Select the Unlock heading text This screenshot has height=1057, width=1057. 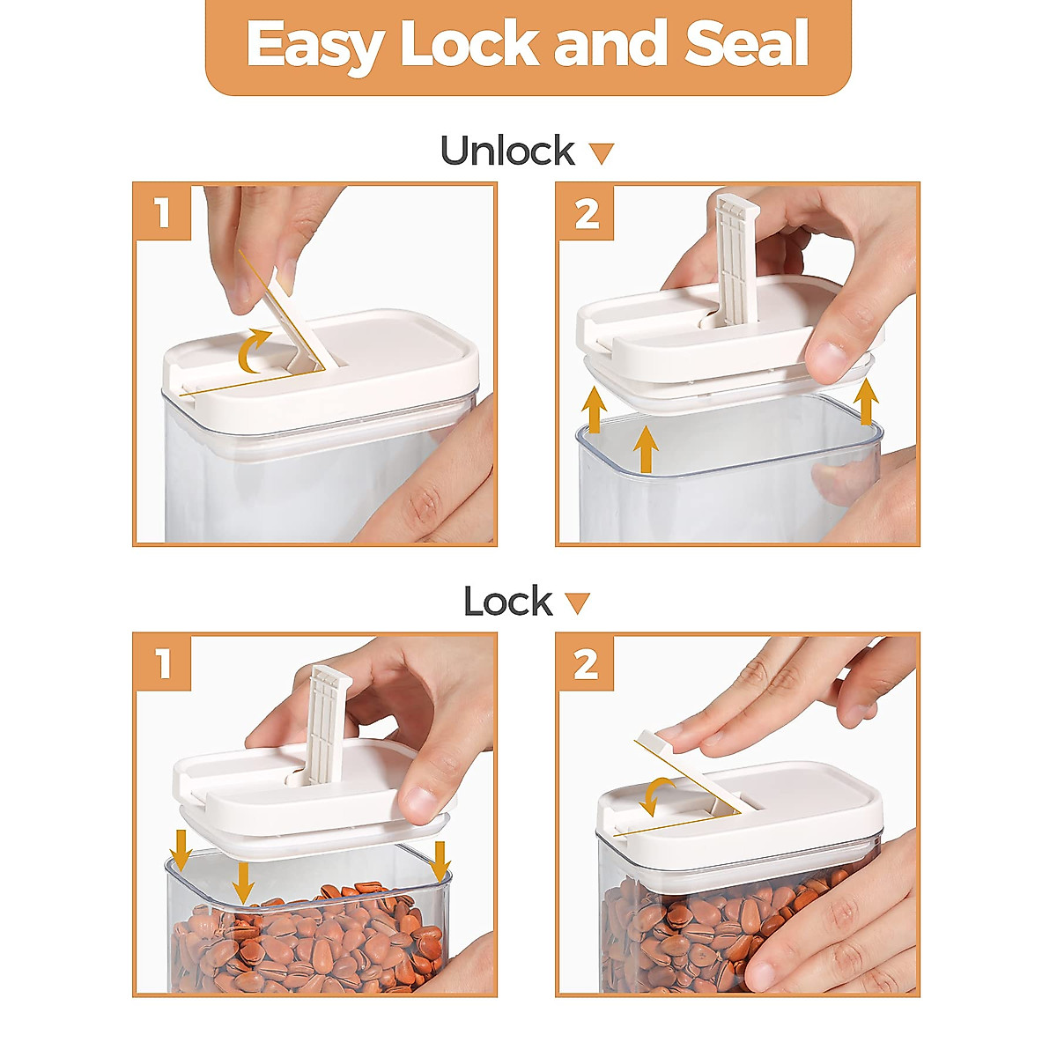[508, 150]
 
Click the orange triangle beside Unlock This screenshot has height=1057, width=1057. [602, 153]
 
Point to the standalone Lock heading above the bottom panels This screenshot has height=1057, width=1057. [508, 602]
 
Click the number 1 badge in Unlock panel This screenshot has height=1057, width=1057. [163, 213]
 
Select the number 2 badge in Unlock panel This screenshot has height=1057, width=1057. [586, 213]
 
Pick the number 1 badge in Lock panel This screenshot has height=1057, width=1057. [163, 663]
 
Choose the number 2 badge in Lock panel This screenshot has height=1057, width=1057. [586, 663]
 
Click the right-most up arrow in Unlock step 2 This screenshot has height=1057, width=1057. [867, 403]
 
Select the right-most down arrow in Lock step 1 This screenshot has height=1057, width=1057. [440, 861]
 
